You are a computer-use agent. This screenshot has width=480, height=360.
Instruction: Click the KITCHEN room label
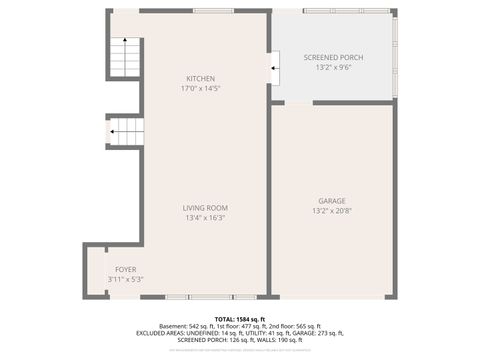tap(200, 79)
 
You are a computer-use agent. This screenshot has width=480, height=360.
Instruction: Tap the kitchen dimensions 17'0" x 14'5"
tap(200, 89)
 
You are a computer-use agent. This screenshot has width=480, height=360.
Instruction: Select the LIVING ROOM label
tap(204, 208)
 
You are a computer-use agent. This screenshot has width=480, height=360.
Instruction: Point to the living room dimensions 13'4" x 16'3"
tap(204, 218)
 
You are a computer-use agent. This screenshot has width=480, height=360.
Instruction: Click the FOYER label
tap(125, 269)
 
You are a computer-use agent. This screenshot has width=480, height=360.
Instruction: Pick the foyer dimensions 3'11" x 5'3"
tap(125, 279)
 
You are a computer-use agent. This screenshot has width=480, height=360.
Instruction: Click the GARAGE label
tap(332, 200)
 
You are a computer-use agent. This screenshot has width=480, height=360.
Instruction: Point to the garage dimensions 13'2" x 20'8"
tap(332, 210)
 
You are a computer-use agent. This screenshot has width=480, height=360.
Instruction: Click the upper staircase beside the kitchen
tap(125, 58)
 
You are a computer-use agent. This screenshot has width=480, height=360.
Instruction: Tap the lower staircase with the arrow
tap(126, 132)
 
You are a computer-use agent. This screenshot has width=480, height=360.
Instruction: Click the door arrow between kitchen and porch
tap(274, 68)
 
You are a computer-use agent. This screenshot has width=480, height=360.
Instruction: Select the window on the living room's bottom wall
tap(210, 297)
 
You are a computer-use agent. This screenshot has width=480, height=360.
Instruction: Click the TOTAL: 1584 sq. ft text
tap(239, 318)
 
